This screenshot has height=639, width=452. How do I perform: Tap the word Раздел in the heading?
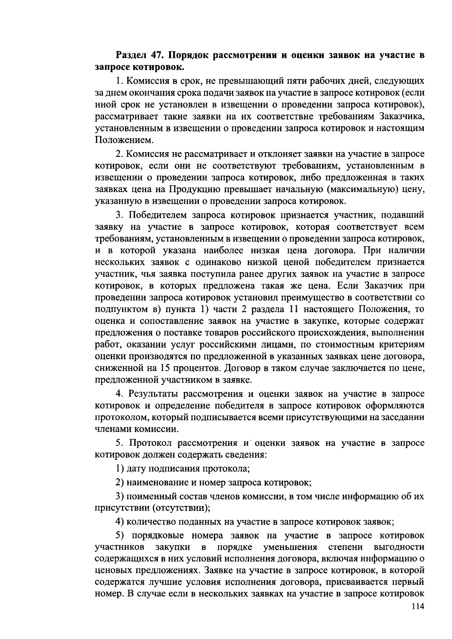click(131, 56)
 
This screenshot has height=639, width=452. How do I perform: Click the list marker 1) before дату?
click(120, 469)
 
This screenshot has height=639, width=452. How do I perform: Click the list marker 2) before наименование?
click(120, 482)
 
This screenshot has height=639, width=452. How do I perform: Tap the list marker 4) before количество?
click(120, 522)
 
